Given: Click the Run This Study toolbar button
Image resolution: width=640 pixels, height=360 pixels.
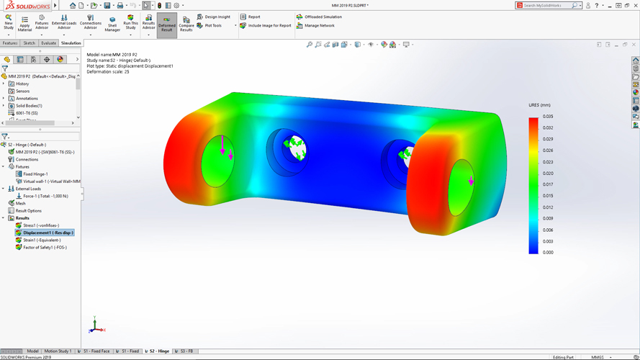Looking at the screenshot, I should (x=130, y=23).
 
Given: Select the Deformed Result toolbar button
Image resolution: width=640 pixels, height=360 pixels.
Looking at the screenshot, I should (x=166, y=24).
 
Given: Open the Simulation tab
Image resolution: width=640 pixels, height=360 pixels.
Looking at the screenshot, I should (x=71, y=43).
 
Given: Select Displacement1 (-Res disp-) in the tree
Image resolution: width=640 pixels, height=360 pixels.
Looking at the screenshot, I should (x=48, y=233).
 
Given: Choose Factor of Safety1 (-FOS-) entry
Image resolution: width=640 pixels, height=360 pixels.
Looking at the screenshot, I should (x=45, y=247).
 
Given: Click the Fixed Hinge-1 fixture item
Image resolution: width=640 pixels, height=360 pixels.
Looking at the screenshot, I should (x=35, y=174).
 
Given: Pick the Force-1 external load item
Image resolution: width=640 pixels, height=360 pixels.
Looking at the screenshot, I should (x=45, y=196).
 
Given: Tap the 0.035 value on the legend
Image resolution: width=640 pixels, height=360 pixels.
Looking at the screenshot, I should (x=548, y=117).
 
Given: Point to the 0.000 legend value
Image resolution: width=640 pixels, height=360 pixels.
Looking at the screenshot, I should (x=548, y=253).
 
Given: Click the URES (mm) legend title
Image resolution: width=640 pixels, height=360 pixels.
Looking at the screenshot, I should (x=539, y=105).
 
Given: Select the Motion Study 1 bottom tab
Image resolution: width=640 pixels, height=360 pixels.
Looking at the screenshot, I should (x=58, y=351).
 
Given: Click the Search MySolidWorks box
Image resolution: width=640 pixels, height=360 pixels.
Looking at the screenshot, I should (x=547, y=6).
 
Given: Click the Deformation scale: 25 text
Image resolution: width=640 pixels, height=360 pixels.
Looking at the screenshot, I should (x=108, y=72).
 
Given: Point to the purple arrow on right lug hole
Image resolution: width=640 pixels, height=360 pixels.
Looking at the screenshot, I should (x=471, y=181).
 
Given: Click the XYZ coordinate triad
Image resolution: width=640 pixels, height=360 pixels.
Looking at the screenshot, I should (x=95, y=327).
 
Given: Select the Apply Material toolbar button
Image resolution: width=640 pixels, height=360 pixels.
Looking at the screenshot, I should (x=24, y=24).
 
